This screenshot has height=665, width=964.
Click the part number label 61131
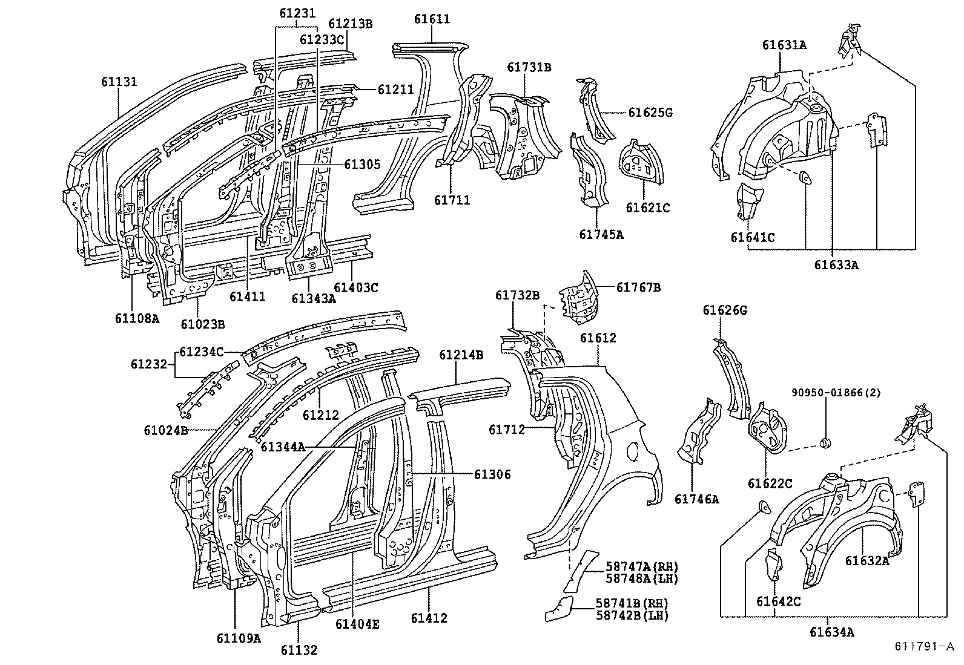pos(119,82)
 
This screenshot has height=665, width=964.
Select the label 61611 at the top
pos(432,19)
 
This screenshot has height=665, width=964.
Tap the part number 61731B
pos(529,67)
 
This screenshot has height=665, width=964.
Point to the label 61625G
pos(650,113)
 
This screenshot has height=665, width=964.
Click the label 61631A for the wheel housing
pos(784,45)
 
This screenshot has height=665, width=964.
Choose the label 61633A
pos(836,264)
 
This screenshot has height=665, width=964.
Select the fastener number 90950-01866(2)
pos(836,392)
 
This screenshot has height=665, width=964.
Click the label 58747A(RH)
pos(642,566)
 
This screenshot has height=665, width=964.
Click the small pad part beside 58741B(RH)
pos(560,608)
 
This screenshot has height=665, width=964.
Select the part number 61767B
pos(638,287)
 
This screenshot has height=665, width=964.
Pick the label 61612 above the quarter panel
pos(598,338)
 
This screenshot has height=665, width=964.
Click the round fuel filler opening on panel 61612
pos(633,450)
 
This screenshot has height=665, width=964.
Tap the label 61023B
pos(203,324)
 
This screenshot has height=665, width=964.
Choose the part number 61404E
pos(357,623)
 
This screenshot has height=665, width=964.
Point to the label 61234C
pos(202,352)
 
